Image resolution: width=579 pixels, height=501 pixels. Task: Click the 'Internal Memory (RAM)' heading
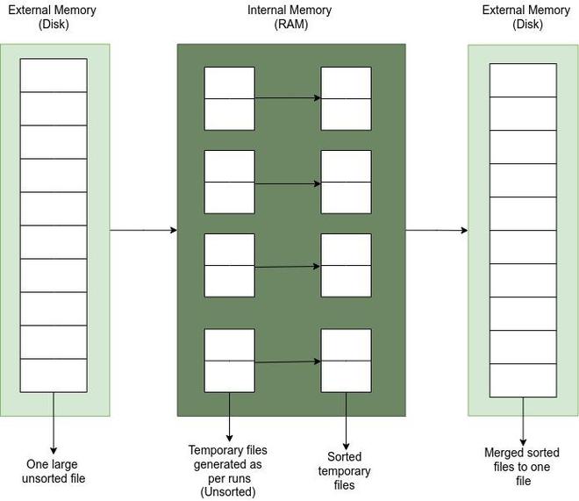point(289,17)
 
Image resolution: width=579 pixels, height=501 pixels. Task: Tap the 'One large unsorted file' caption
point(54,471)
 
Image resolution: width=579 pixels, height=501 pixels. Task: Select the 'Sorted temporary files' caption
point(344,470)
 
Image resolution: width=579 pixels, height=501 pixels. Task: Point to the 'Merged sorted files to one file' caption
point(522,467)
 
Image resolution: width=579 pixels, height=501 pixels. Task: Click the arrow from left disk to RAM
point(144,231)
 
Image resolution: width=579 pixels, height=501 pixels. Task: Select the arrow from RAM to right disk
point(437,231)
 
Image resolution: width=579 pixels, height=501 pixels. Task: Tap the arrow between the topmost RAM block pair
point(288,98)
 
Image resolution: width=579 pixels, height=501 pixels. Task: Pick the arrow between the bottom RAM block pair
point(288,361)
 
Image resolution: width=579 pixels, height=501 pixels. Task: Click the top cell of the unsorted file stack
point(54,75)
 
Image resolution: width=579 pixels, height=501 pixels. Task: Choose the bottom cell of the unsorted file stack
point(54,376)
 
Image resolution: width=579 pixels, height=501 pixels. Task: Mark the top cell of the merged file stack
point(523,80)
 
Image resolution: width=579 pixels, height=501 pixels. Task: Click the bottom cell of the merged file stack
point(523,380)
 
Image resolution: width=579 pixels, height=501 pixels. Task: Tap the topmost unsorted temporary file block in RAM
point(229,98)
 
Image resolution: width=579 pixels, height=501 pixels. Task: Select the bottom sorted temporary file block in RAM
point(346,361)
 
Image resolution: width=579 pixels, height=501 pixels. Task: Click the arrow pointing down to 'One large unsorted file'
point(54,423)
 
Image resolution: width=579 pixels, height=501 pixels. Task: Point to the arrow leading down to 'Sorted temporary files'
point(346,421)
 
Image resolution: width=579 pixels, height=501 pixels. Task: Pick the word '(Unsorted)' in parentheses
point(228,491)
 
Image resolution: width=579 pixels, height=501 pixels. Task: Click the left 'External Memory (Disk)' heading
point(53,17)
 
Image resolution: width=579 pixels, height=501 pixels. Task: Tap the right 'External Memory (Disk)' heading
point(526,17)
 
